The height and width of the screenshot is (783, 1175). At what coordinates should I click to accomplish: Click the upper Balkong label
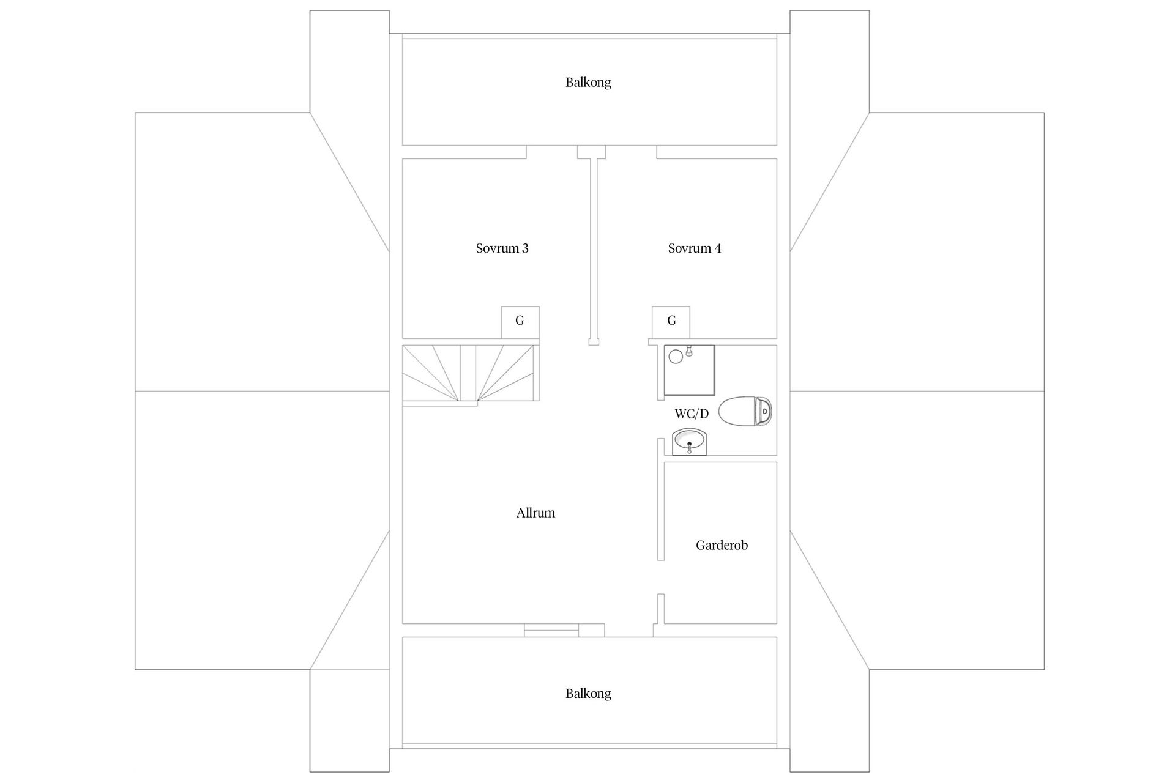(x=588, y=82)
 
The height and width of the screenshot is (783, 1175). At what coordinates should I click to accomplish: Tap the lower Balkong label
(x=588, y=693)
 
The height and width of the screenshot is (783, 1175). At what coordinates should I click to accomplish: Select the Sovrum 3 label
(x=502, y=248)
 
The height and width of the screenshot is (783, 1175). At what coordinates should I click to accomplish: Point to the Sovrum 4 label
(x=695, y=248)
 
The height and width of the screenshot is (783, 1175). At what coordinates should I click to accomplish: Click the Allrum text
(x=535, y=513)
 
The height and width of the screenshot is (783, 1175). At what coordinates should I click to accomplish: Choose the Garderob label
(x=722, y=545)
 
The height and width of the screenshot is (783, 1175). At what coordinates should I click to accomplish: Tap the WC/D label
(x=692, y=414)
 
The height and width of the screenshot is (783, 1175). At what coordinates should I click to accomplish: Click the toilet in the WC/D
(x=745, y=411)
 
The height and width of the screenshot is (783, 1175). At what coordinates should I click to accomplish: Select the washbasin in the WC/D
(x=689, y=442)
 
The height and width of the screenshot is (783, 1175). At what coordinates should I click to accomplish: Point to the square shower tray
(x=690, y=370)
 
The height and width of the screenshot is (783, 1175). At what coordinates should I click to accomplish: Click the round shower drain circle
(x=676, y=356)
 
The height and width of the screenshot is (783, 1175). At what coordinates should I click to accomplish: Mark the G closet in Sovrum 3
(x=520, y=322)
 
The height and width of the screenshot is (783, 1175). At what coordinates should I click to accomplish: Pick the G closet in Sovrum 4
(x=671, y=322)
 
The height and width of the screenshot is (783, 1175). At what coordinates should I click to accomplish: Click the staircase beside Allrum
(x=470, y=373)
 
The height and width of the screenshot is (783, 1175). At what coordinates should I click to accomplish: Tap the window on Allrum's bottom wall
(x=551, y=630)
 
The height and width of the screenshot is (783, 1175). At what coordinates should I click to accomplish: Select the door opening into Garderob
(x=661, y=577)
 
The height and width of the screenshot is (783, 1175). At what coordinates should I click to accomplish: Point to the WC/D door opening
(x=661, y=419)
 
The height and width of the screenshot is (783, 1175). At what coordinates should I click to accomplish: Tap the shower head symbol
(x=689, y=351)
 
